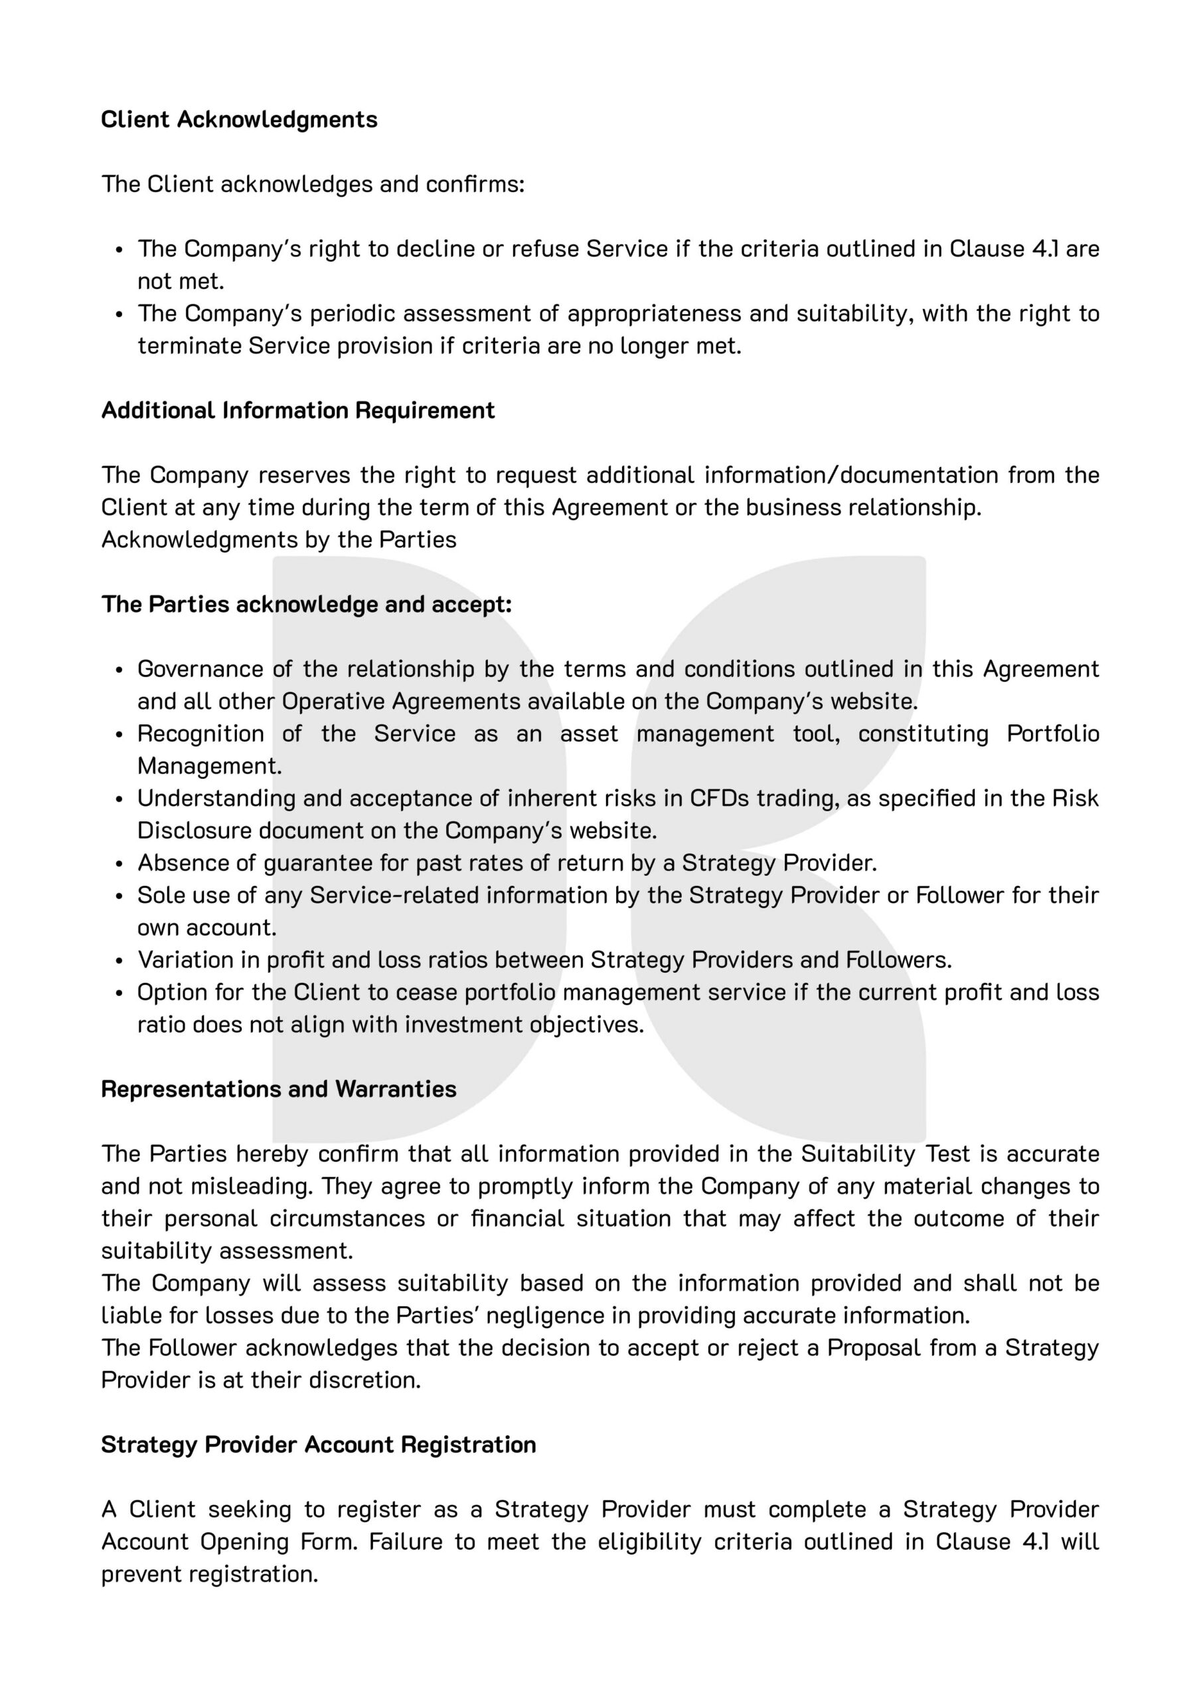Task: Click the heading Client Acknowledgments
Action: [x=239, y=120]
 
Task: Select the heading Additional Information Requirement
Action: [x=297, y=411]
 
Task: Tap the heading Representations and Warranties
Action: [x=278, y=1089]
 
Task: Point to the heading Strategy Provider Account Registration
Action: [x=319, y=1445]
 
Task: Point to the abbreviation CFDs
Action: [x=716, y=798]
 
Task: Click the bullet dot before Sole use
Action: [x=120, y=896]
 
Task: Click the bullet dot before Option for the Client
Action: [x=120, y=993]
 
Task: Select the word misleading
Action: [x=252, y=1186]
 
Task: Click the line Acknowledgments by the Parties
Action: [x=278, y=540]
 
